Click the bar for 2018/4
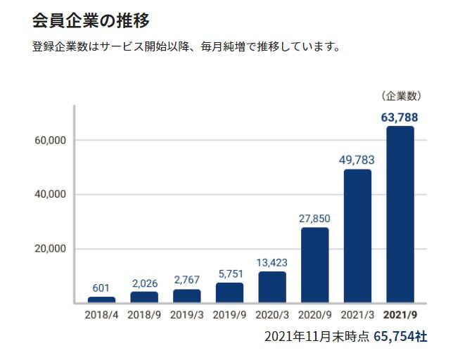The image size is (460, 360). click(101, 300)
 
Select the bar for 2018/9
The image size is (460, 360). click(144, 297)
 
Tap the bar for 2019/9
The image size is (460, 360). click(230, 292)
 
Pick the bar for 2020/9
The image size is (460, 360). click(315, 265)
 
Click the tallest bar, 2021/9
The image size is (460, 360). click(400, 214)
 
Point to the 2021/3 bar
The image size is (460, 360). click(357, 236)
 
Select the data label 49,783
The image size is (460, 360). click(357, 160)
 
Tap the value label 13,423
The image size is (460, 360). click(272, 262)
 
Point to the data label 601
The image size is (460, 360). click(101, 288)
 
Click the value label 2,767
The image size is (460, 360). click(187, 280)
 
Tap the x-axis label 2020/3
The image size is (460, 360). click(272, 314)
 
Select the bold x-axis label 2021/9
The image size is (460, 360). click(400, 314)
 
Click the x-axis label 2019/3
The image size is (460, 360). click(187, 314)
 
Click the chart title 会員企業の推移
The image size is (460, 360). click(91, 20)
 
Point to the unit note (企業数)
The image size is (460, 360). click(400, 96)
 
